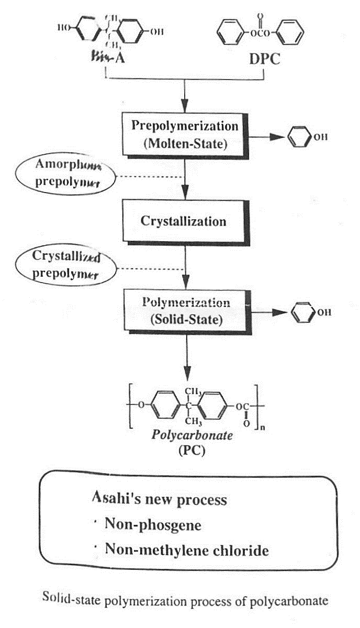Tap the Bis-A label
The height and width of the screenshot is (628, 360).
tap(107, 58)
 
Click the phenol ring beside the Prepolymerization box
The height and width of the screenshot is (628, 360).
tap(299, 138)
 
